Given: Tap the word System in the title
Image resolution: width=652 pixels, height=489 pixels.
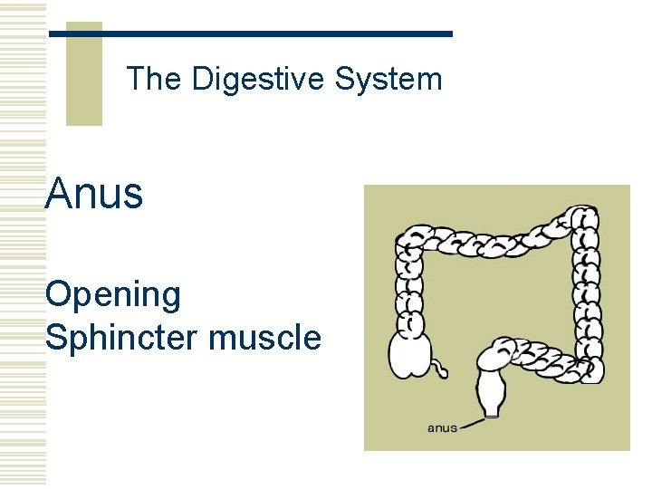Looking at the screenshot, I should point(388,80).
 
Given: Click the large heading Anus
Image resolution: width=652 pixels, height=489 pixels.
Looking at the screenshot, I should point(94,193).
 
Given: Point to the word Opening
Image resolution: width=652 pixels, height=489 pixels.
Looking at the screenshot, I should point(113,294).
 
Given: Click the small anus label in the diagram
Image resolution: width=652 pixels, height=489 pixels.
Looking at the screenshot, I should point(442,427).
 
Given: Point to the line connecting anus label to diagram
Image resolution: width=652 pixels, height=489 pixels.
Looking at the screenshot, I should point(472,422).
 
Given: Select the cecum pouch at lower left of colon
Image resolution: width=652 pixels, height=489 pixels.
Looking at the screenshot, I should point(409,355).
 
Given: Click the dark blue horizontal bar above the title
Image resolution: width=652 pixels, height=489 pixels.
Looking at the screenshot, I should point(250,34).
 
